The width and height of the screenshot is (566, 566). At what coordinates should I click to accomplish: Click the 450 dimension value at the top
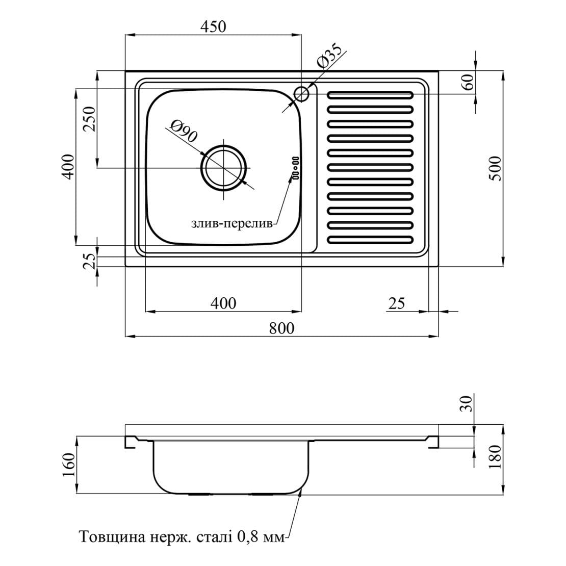click(213, 26)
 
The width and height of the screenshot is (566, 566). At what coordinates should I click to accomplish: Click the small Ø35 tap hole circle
click(302, 93)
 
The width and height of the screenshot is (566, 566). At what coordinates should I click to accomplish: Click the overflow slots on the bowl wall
click(295, 167)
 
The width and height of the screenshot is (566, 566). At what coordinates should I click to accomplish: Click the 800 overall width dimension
click(281, 328)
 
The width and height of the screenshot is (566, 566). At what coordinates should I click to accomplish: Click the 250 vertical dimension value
click(90, 119)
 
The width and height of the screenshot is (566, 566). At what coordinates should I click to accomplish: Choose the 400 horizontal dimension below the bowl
click(223, 303)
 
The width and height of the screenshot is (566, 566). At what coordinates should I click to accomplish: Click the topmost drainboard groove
click(370, 95)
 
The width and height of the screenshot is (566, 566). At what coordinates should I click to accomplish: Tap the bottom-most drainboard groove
click(370, 240)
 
